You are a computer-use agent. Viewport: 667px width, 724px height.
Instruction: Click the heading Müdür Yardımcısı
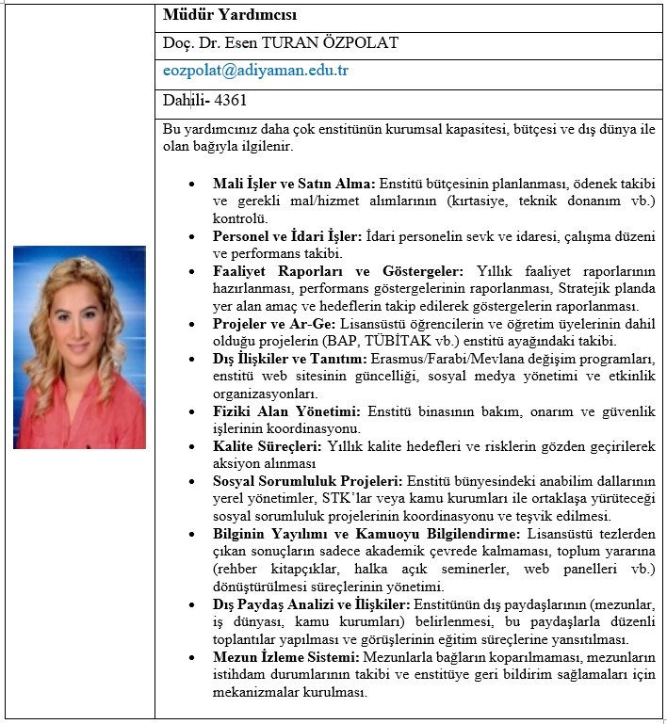(217, 15)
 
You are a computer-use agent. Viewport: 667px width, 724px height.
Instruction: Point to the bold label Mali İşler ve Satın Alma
(294, 183)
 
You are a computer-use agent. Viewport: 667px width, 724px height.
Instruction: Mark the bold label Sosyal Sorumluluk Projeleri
(307, 481)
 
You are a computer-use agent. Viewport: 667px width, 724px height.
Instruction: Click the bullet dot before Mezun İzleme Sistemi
(192, 657)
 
